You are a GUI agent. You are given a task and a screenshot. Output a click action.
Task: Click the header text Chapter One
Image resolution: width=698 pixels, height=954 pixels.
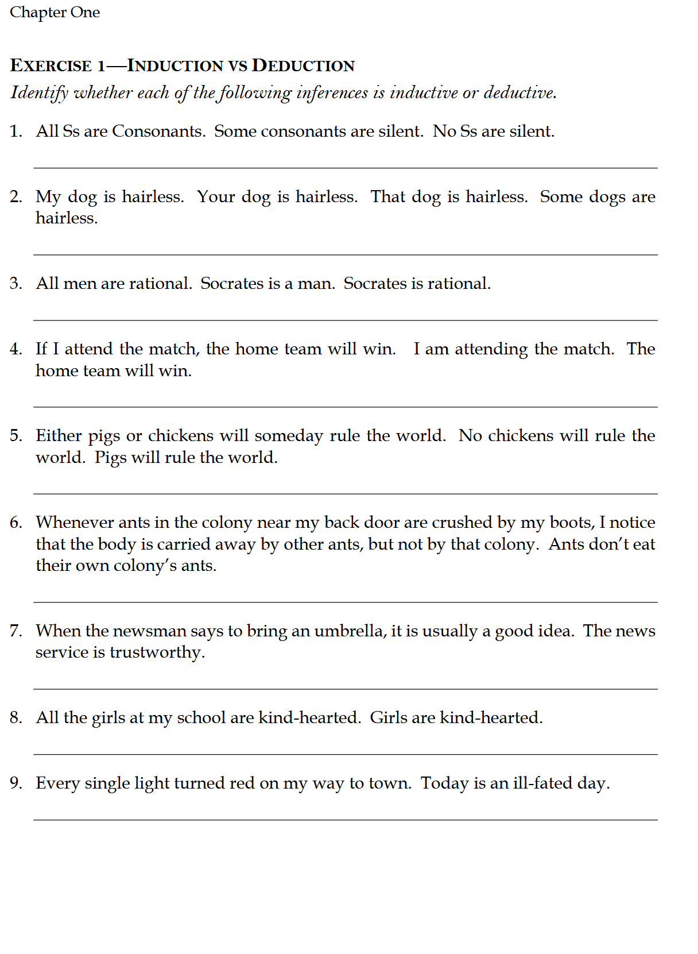pyautogui.click(x=55, y=12)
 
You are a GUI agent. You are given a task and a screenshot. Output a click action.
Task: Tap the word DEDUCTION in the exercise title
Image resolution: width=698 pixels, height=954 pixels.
pyautogui.click(x=303, y=65)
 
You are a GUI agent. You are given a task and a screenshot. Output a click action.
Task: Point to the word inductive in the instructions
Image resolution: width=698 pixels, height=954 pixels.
pyautogui.click(x=424, y=92)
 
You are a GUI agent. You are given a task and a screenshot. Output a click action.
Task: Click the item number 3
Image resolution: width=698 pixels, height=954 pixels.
pyautogui.click(x=15, y=283)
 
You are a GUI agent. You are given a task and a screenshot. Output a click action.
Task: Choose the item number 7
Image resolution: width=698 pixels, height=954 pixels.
pyautogui.click(x=15, y=631)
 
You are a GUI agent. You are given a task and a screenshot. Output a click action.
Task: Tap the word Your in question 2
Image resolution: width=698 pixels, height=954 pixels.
pyautogui.click(x=216, y=196)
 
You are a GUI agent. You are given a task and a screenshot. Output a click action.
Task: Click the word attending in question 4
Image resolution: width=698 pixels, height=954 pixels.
pyautogui.click(x=491, y=349)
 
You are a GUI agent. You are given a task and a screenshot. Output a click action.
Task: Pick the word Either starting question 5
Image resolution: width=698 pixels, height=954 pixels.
pyautogui.click(x=59, y=435)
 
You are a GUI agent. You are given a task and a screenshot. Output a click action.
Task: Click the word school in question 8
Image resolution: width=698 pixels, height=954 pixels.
pyautogui.click(x=201, y=717)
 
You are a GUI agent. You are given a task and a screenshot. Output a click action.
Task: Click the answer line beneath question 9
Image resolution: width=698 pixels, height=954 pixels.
pyautogui.click(x=345, y=820)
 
